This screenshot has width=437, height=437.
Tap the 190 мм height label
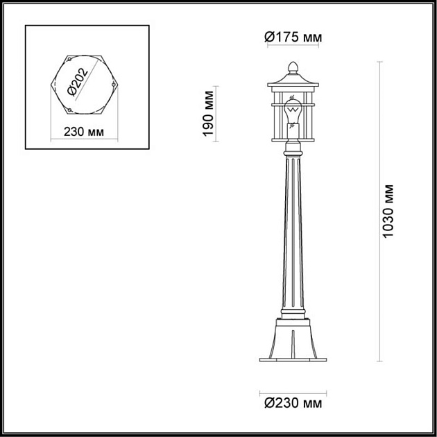[x=208, y=114]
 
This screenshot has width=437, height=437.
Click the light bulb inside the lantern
[x=293, y=111]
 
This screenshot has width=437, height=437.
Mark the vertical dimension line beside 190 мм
[x=219, y=114]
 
